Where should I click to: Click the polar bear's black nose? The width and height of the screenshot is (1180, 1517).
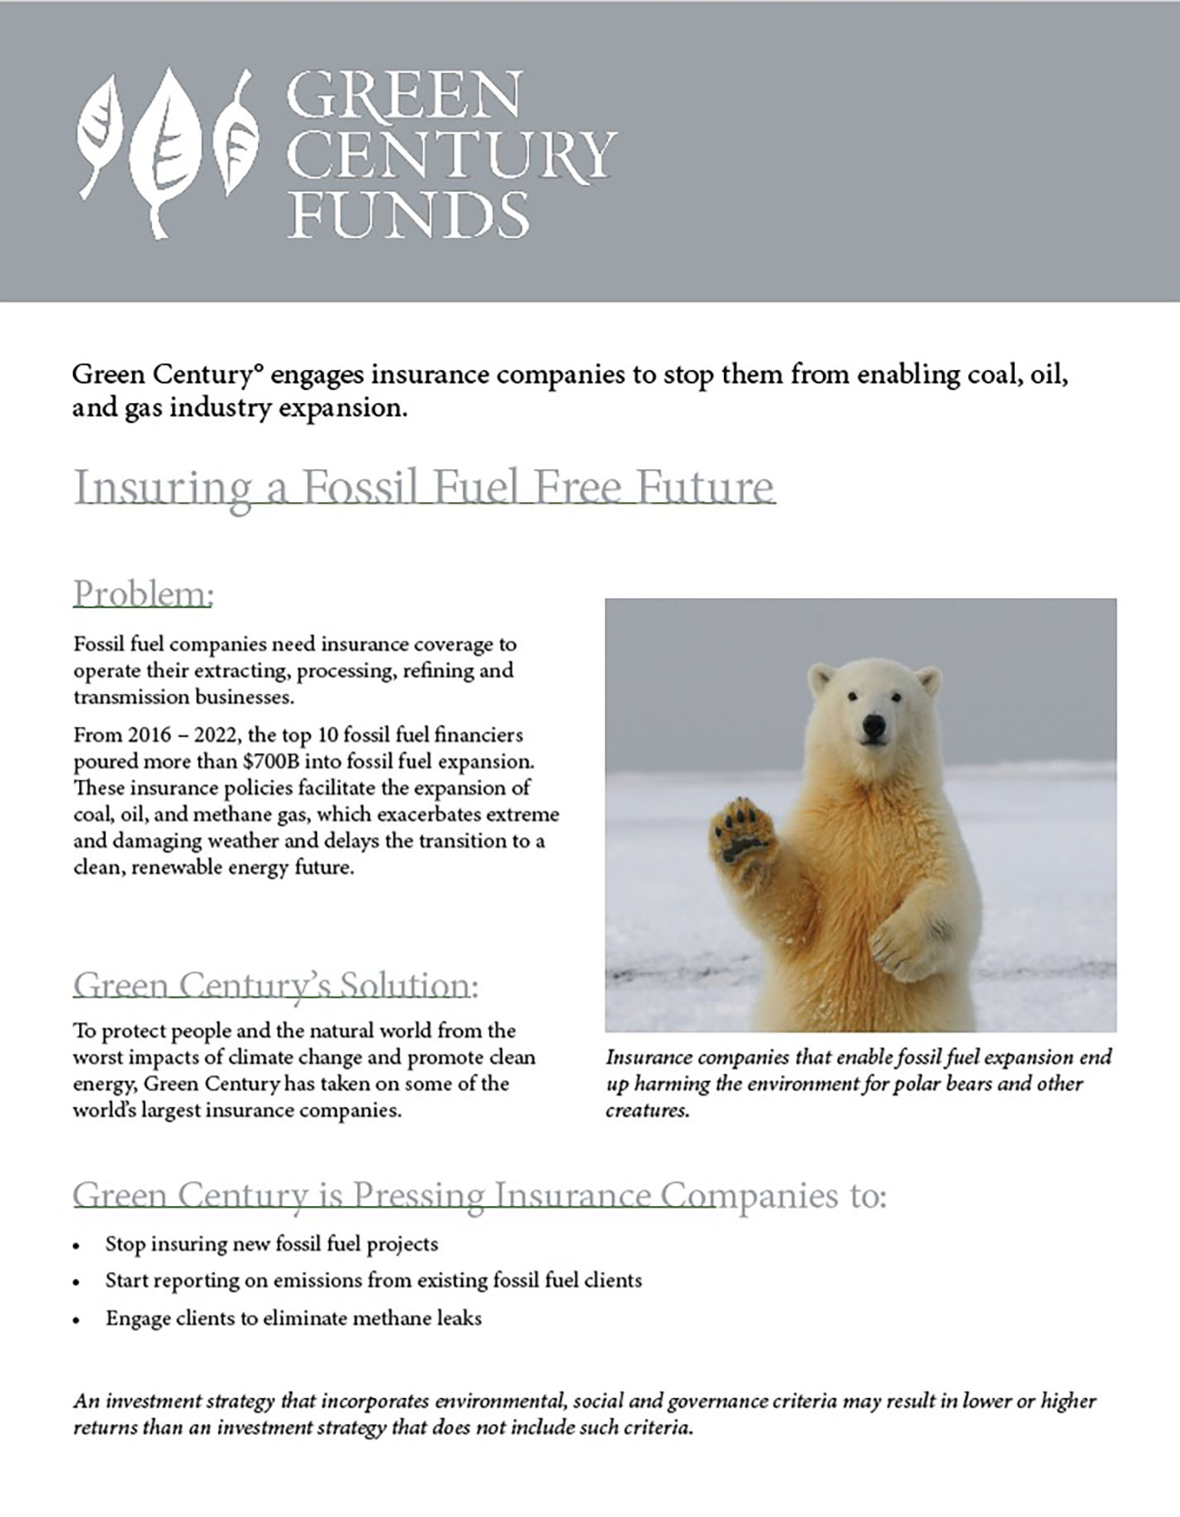point(873,726)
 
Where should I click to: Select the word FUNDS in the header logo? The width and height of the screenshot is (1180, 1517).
point(408,214)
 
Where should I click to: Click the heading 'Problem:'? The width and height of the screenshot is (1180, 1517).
point(143,593)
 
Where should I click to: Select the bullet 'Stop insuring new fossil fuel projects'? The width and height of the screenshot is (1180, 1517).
point(271,1244)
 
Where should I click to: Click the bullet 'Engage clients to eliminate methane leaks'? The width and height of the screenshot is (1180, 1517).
point(293,1318)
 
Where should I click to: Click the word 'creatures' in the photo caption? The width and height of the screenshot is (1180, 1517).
point(645,1110)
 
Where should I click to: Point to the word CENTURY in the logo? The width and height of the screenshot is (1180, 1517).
point(450,155)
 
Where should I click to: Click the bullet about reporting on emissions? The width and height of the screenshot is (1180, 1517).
point(373,1281)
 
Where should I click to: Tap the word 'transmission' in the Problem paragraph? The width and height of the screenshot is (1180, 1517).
point(131,697)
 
